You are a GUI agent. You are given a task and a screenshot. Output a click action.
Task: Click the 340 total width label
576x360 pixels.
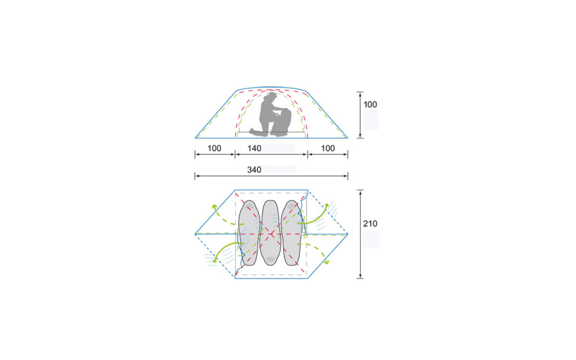(254, 170)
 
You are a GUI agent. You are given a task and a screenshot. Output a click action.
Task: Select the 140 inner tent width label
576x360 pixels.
(254, 148)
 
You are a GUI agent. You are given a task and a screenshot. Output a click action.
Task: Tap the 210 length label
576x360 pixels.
(370, 224)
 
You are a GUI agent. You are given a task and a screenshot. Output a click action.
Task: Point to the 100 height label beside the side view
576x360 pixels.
(370, 105)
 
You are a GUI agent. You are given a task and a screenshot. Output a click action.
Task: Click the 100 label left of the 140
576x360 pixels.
(214, 148)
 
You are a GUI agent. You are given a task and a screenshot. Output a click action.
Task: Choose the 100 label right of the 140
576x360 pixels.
(328, 148)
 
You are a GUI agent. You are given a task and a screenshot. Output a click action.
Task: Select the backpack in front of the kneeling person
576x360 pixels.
(283, 122)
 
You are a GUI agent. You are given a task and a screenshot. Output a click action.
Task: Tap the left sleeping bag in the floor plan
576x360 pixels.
(249, 233)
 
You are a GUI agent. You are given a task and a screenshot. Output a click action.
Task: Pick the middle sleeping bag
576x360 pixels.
(270, 233)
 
